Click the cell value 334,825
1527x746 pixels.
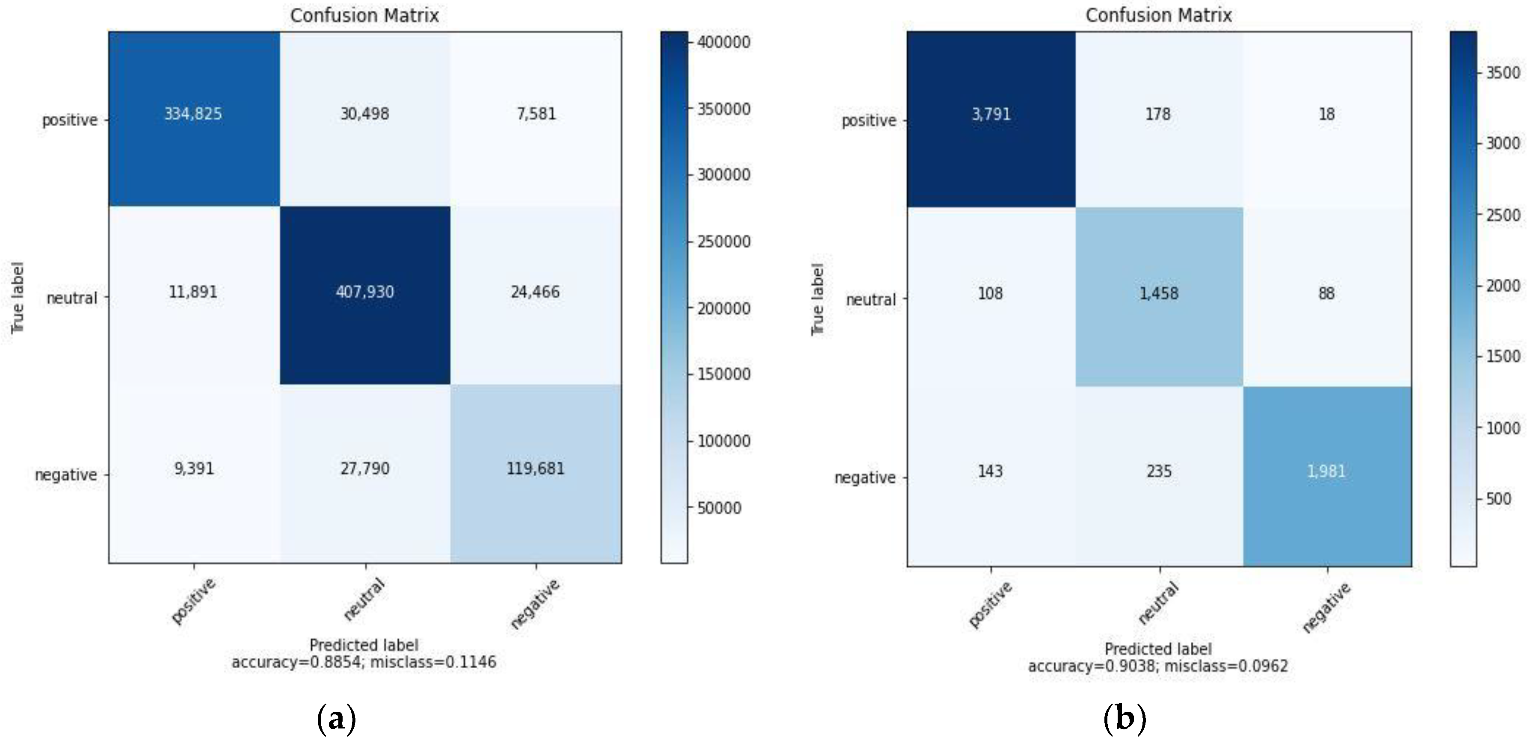(x=193, y=114)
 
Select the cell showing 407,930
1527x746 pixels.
(x=364, y=292)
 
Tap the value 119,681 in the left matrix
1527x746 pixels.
(x=535, y=469)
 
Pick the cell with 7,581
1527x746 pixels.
(x=536, y=114)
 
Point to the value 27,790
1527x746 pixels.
(x=364, y=469)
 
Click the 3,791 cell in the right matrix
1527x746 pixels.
(x=991, y=115)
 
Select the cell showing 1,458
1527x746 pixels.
(x=1158, y=294)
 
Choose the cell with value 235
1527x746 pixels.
(x=1158, y=472)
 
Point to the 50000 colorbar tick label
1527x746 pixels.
(x=719, y=508)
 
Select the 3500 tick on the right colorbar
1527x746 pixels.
(x=1503, y=73)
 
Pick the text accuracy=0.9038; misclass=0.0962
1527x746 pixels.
(x=1158, y=666)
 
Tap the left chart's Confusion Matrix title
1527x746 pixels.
(x=364, y=15)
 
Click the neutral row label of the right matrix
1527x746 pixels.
(x=870, y=300)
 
